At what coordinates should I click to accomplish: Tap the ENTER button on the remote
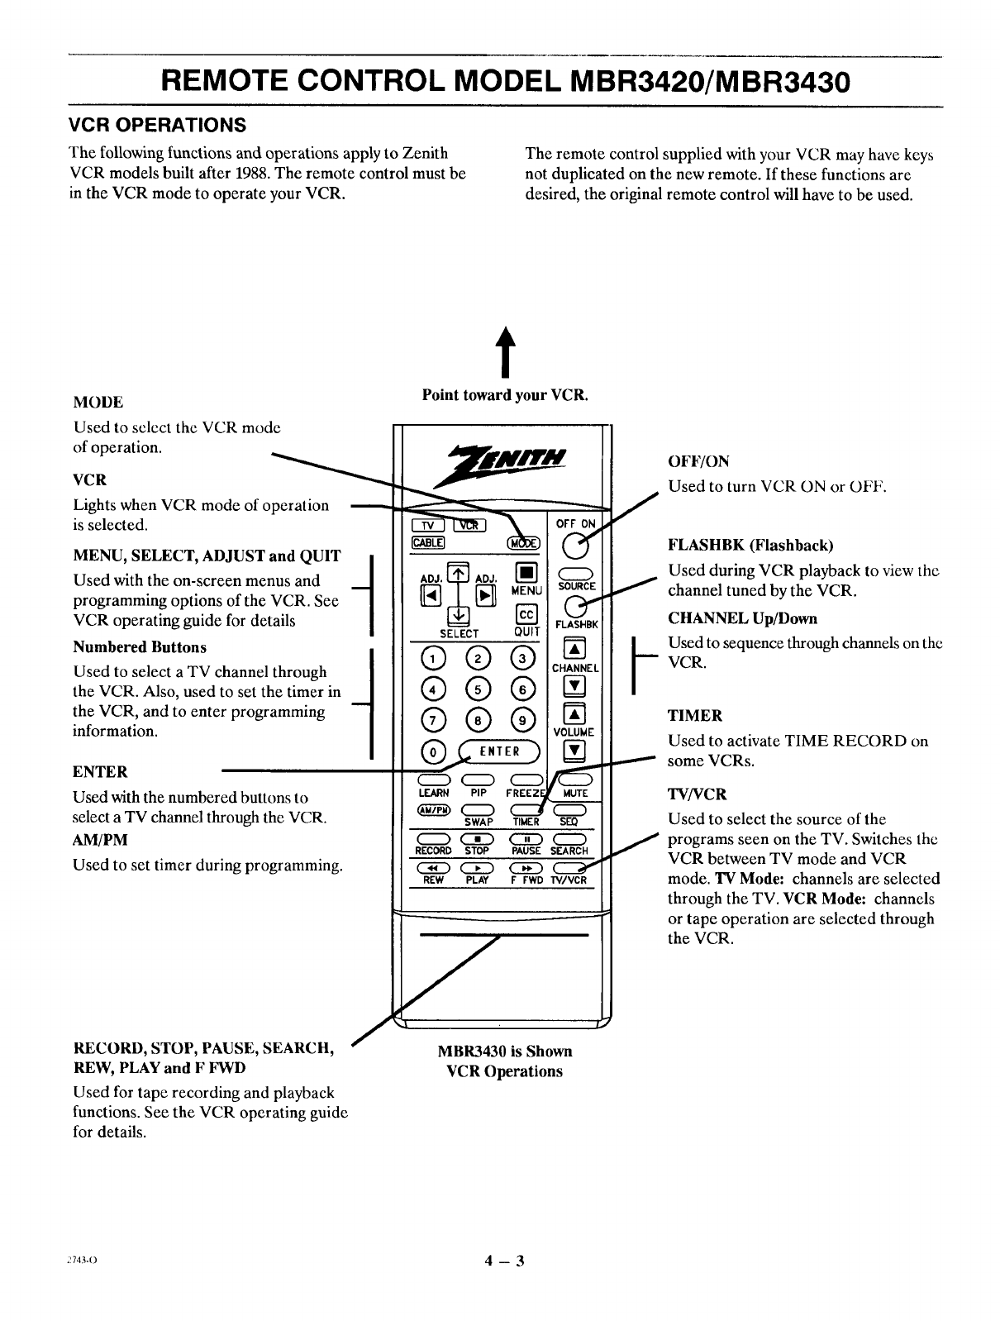[500, 751]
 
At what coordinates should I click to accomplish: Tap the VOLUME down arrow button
[574, 751]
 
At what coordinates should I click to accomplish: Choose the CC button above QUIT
[526, 614]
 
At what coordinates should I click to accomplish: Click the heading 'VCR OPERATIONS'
[157, 126]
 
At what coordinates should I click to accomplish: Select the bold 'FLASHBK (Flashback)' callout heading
[750, 546]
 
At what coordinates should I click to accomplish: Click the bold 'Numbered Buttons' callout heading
[140, 647]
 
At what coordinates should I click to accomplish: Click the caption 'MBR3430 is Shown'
[504, 1052]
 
